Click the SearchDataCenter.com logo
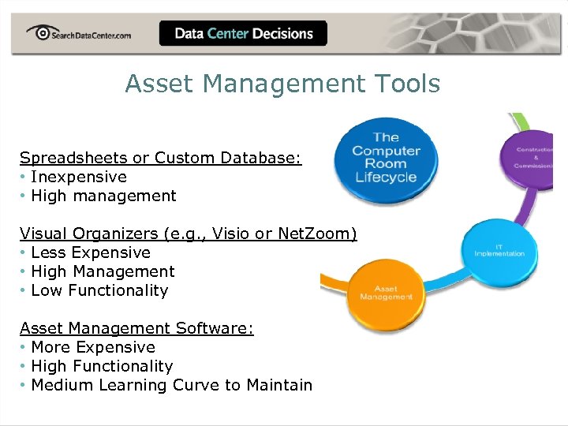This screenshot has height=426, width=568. pyautogui.click(x=78, y=34)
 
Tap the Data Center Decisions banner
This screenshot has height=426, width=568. pyautogui.click(x=243, y=34)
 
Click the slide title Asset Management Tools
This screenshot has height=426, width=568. pyautogui.click(x=282, y=84)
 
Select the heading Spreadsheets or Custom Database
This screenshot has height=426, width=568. pyautogui.click(x=160, y=158)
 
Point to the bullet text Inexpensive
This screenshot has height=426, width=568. pyautogui.click(x=78, y=177)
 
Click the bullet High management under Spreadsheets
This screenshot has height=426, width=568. pyautogui.click(x=103, y=196)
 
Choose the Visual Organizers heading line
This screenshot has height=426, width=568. pyautogui.click(x=188, y=234)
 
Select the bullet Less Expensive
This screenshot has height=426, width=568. pyautogui.click(x=90, y=252)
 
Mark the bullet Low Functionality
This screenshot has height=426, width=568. pyautogui.click(x=99, y=290)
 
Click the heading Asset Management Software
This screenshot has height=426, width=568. pyautogui.click(x=136, y=328)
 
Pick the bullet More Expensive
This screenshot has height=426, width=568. pyautogui.click(x=93, y=347)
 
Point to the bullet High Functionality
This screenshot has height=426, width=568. pyautogui.click(x=102, y=366)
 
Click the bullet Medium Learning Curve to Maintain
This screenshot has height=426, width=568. pyautogui.click(x=171, y=385)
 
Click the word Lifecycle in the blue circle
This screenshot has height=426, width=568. pyautogui.click(x=386, y=177)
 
